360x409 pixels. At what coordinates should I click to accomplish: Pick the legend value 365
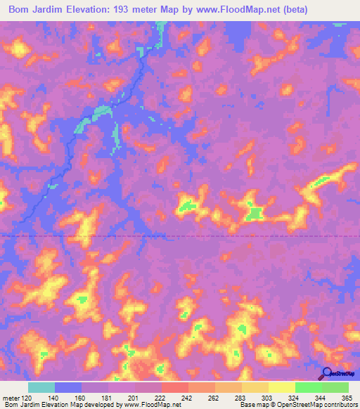point(347,398)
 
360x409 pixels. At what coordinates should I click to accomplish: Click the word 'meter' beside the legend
point(11,398)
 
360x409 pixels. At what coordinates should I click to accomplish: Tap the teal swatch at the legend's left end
point(41,387)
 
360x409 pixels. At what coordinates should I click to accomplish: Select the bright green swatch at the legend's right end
point(335,387)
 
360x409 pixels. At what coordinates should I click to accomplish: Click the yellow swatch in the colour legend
point(282,387)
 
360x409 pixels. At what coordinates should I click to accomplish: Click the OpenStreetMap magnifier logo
point(327,373)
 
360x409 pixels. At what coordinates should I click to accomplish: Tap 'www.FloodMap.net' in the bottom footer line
point(146,405)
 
